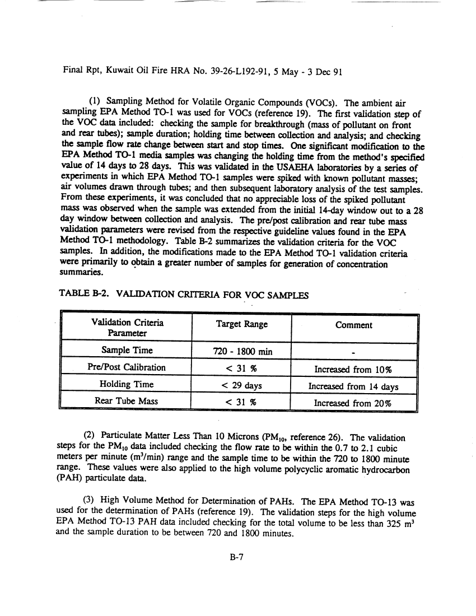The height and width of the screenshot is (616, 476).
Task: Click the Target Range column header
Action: pos(241,325)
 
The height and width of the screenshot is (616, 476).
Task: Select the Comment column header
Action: pos(353,325)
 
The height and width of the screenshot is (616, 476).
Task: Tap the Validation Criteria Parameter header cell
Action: pos(127,328)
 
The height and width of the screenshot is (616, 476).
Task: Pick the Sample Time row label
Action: pos(127,351)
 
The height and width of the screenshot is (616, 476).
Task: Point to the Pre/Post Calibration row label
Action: pos(127,368)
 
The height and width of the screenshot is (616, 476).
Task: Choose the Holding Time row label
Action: pos(127,385)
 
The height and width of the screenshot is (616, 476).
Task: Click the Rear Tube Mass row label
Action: pos(127,402)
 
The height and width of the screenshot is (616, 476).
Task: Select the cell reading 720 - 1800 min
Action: pos(240,352)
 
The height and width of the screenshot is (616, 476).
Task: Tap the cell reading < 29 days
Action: pos(241,385)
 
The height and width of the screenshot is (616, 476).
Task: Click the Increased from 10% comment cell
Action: pos(353,368)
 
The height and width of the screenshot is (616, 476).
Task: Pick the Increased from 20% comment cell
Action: pos(353,403)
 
